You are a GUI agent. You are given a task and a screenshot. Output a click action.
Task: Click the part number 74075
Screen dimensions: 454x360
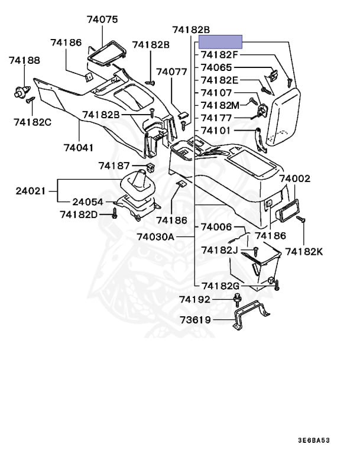102,20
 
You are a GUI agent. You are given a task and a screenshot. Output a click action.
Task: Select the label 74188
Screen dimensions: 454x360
24,60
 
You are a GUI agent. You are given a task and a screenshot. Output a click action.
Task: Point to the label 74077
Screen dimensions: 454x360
171,72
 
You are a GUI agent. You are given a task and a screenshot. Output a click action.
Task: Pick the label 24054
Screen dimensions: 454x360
89,202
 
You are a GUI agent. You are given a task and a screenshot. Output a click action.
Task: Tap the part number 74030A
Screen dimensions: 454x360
155,236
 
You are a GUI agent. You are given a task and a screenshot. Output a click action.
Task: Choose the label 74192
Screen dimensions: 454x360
195,300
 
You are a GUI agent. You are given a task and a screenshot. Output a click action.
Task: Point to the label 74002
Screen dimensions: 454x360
295,179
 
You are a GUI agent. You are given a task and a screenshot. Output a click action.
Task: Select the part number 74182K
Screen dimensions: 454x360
304,251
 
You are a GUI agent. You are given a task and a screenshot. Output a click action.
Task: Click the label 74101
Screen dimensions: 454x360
216,130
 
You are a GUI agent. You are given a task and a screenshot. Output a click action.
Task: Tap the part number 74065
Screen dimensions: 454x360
216,68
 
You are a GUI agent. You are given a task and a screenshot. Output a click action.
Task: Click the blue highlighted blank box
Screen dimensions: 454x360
220,41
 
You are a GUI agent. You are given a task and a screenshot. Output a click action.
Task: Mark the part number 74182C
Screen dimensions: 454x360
33,122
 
